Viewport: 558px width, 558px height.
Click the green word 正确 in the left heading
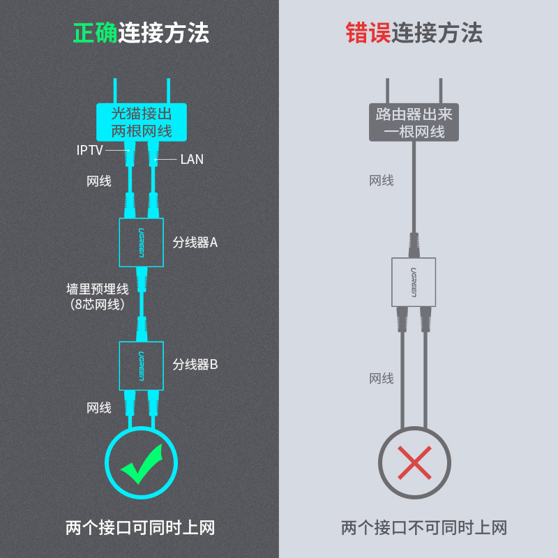click(x=95, y=33)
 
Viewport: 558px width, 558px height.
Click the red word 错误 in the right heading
click(x=368, y=33)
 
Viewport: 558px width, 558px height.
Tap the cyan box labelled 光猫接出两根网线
click(x=142, y=122)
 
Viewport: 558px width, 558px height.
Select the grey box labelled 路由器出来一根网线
click(x=414, y=122)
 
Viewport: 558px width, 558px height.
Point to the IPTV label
click(x=90, y=150)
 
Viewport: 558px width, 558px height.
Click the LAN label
click(x=192, y=160)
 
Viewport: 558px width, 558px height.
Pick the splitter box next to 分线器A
click(x=142, y=242)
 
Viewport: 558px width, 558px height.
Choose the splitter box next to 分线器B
click(x=142, y=365)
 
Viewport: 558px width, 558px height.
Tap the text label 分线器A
click(x=195, y=243)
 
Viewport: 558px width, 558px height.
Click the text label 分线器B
click(x=195, y=365)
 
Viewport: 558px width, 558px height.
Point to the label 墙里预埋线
click(x=98, y=289)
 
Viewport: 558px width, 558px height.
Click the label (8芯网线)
click(x=98, y=305)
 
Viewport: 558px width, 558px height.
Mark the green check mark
click(x=142, y=464)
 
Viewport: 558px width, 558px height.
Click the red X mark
click(x=414, y=462)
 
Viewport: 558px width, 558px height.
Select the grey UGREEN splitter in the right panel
click(x=414, y=282)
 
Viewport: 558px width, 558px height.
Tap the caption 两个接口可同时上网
click(x=140, y=527)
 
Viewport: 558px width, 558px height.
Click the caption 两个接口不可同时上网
click(x=424, y=527)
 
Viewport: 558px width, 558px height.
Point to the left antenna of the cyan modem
click(x=115, y=91)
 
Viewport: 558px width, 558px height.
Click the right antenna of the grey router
click(x=441, y=91)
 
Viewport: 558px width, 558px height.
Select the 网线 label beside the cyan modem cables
click(x=99, y=181)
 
